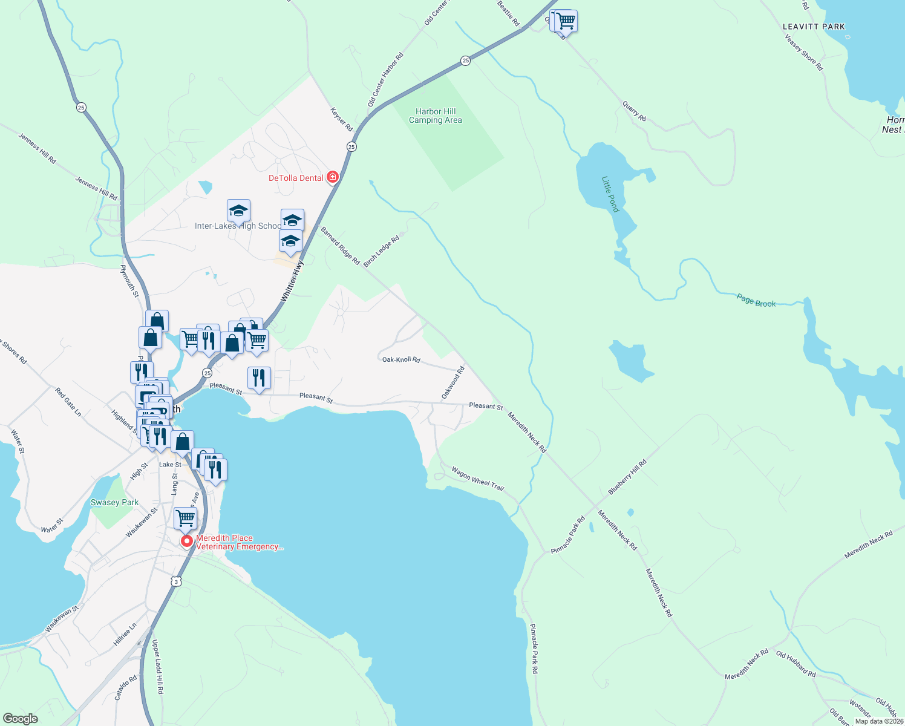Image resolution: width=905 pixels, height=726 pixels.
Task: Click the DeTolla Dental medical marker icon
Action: click(332, 177)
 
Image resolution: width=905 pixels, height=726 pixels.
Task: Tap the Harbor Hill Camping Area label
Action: click(436, 116)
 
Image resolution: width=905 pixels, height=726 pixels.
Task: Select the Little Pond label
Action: click(610, 194)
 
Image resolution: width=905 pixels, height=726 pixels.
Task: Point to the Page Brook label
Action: click(756, 300)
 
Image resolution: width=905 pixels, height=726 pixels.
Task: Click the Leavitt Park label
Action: click(814, 27)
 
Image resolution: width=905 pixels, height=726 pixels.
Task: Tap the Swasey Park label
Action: click(114, 502)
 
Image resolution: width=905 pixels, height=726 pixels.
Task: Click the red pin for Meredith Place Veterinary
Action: click(187, 541)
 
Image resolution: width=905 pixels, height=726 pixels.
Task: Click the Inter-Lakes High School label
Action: click(238, 226)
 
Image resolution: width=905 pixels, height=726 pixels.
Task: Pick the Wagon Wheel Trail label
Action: click(477, 479)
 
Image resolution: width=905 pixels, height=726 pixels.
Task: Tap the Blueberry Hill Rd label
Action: click(627, 477)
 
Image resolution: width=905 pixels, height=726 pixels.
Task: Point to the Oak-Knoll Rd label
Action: click(401, 359)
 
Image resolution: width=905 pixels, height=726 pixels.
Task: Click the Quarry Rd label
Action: click(634, 111)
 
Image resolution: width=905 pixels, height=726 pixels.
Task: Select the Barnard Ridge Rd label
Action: click(340, 246)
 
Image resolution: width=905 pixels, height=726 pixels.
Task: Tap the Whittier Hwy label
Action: click(292, 281)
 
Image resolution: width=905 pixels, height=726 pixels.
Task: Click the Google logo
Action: click(20, 719)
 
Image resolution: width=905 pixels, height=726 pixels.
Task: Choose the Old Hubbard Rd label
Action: click(796, 664)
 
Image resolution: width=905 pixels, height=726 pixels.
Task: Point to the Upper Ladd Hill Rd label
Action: click(157, 666)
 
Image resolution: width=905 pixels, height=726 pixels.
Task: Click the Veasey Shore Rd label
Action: click(804, 53)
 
